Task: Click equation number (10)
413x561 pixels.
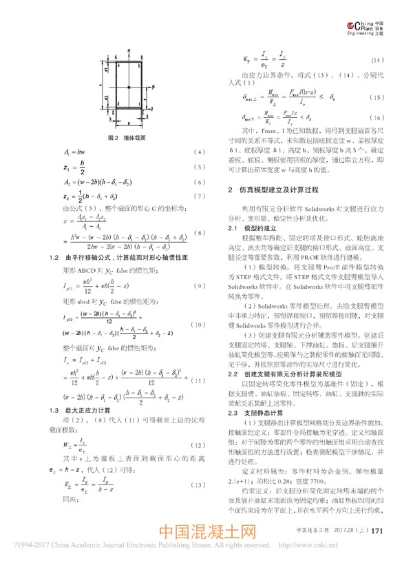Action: (197, 323)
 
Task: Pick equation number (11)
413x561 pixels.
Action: (198, 380)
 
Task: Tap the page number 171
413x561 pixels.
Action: (377, 531)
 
